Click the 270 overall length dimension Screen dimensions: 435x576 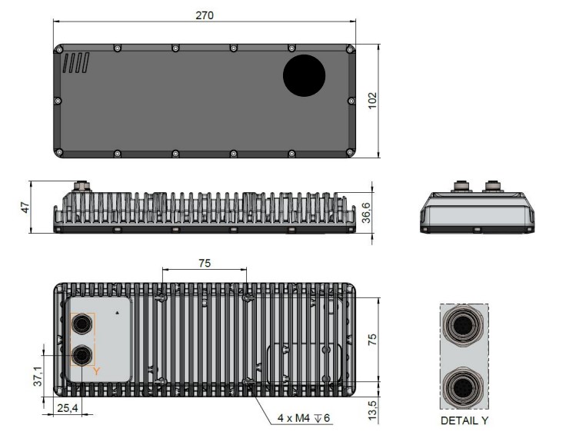point(205,15)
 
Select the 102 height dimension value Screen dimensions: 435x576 point(373,101)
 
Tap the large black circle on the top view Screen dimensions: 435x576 point(305,75)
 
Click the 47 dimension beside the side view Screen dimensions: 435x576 point(23,207)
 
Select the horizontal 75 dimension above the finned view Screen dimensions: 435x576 point(205,263)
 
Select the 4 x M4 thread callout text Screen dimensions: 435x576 point(303,418)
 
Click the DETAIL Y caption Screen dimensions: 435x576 point(464,421)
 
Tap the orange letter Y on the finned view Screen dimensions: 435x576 point(96,371)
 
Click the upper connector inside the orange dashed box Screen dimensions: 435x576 point(81,326)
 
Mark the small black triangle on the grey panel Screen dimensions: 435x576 point(116,314)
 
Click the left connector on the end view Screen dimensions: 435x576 point(458,187)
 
